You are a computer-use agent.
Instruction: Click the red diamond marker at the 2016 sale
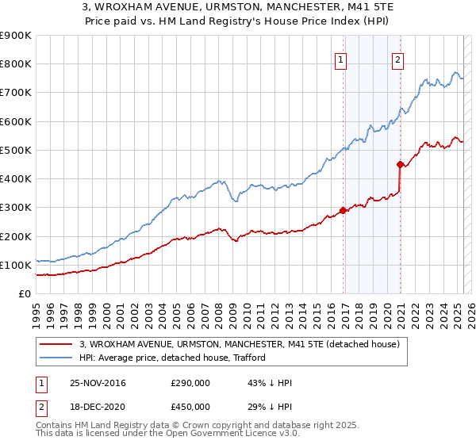click(344, 211)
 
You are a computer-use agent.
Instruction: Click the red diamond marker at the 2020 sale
click(401, 165)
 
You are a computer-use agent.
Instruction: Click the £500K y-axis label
click(16, 150)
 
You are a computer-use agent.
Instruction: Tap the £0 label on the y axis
click(25, 293)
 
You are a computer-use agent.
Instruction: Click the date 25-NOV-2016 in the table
click(98, 383)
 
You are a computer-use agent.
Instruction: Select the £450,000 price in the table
click(190, 407)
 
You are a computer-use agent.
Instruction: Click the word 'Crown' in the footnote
click(190, 426)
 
